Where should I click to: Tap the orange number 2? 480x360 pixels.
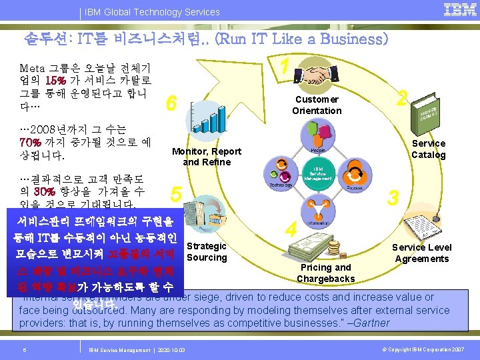[401, 98]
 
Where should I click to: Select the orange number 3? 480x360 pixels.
[394, 197]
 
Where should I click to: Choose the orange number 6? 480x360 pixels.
[171, 103]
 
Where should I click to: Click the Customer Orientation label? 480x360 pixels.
[317, 105]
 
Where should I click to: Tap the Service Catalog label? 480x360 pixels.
[428, 149]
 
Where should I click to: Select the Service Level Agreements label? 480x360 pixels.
[421, 253]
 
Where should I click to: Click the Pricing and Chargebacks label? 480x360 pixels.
[325, 273]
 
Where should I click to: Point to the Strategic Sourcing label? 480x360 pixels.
[207, 251]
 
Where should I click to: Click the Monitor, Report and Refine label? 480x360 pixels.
[207, 156]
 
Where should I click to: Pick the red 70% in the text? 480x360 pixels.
[32, 142]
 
